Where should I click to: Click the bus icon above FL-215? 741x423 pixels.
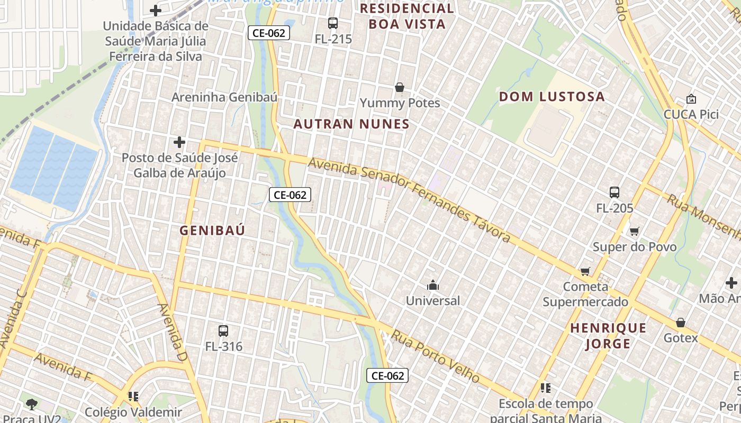[332, 23]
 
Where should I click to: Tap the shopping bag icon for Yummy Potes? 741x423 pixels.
[400, 87]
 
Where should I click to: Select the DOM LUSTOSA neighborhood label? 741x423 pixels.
[552, 97]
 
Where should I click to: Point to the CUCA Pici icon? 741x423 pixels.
[691, 99]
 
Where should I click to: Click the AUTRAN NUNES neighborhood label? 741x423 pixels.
[351, 124]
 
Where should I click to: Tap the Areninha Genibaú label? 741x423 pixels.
[224, 97]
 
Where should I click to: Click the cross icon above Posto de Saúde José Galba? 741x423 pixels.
[179, 142]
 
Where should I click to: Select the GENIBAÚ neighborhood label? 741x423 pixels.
[212, 231]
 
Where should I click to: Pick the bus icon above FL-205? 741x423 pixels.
[614, 192]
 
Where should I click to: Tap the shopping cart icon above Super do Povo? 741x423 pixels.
[634, 231]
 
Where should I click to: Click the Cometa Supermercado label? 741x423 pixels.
[585, 295]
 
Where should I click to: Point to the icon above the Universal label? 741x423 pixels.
[433, 286]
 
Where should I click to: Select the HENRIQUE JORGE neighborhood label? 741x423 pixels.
[608, 336]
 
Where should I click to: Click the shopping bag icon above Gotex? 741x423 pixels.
[681, 323]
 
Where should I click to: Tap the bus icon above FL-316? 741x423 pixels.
[223, 331]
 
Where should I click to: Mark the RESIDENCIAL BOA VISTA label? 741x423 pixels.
[406, 16]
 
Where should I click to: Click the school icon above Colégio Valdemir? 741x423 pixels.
[133, 396]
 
